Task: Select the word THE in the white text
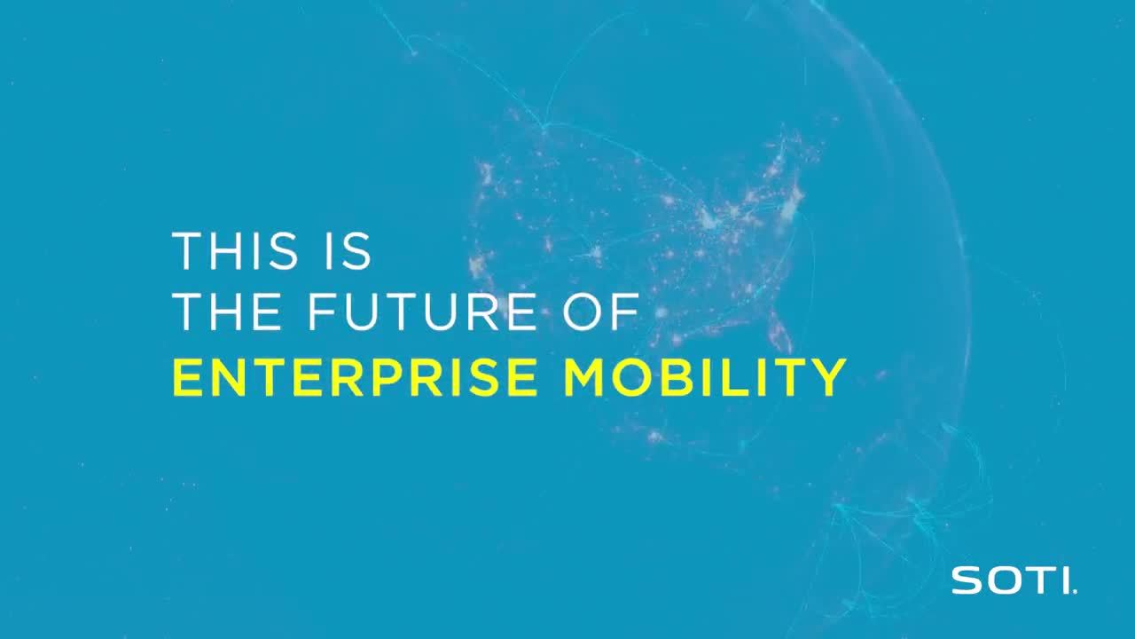221,314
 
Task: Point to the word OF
606,314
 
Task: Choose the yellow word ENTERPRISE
354,378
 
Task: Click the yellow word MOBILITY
705,378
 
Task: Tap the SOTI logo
1014,581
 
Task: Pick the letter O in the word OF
585,314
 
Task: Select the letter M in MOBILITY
586,378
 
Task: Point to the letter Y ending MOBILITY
827,378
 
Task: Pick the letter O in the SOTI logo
1000,581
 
